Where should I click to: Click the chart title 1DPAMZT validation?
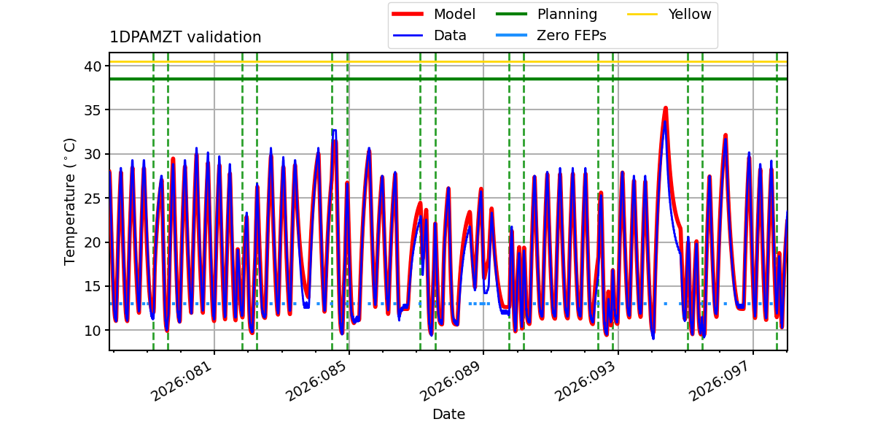pos(185,37)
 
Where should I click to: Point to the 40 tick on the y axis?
pos(93,66)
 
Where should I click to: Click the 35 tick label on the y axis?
pos(93,110)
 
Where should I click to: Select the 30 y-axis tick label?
pos(93,154)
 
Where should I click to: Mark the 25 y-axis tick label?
pos(93,198)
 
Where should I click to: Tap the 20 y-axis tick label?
pos(93,242)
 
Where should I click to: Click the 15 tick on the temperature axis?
pos(93,286)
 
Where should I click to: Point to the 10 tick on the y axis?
pos(93,330)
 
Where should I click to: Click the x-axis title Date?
pos(448,415)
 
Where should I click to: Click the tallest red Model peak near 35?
pos(665,109)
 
